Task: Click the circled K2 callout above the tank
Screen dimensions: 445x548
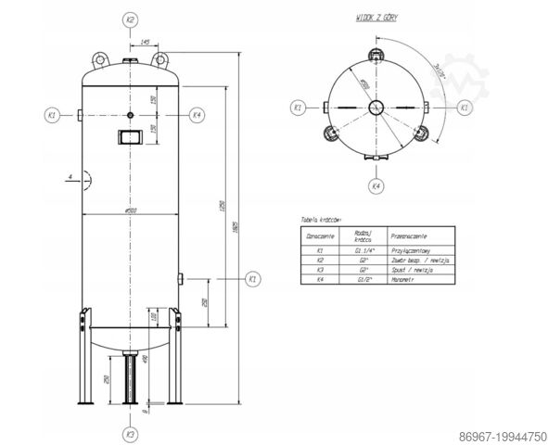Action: click(131, 19)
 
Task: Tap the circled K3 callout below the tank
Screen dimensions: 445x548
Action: click(131, 433)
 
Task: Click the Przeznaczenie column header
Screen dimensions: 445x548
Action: click(408, 235)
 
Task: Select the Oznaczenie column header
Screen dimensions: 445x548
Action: click(320, 235)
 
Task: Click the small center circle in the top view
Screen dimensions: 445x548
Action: click(376, 108)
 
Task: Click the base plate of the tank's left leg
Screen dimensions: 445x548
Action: click(86, 405)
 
